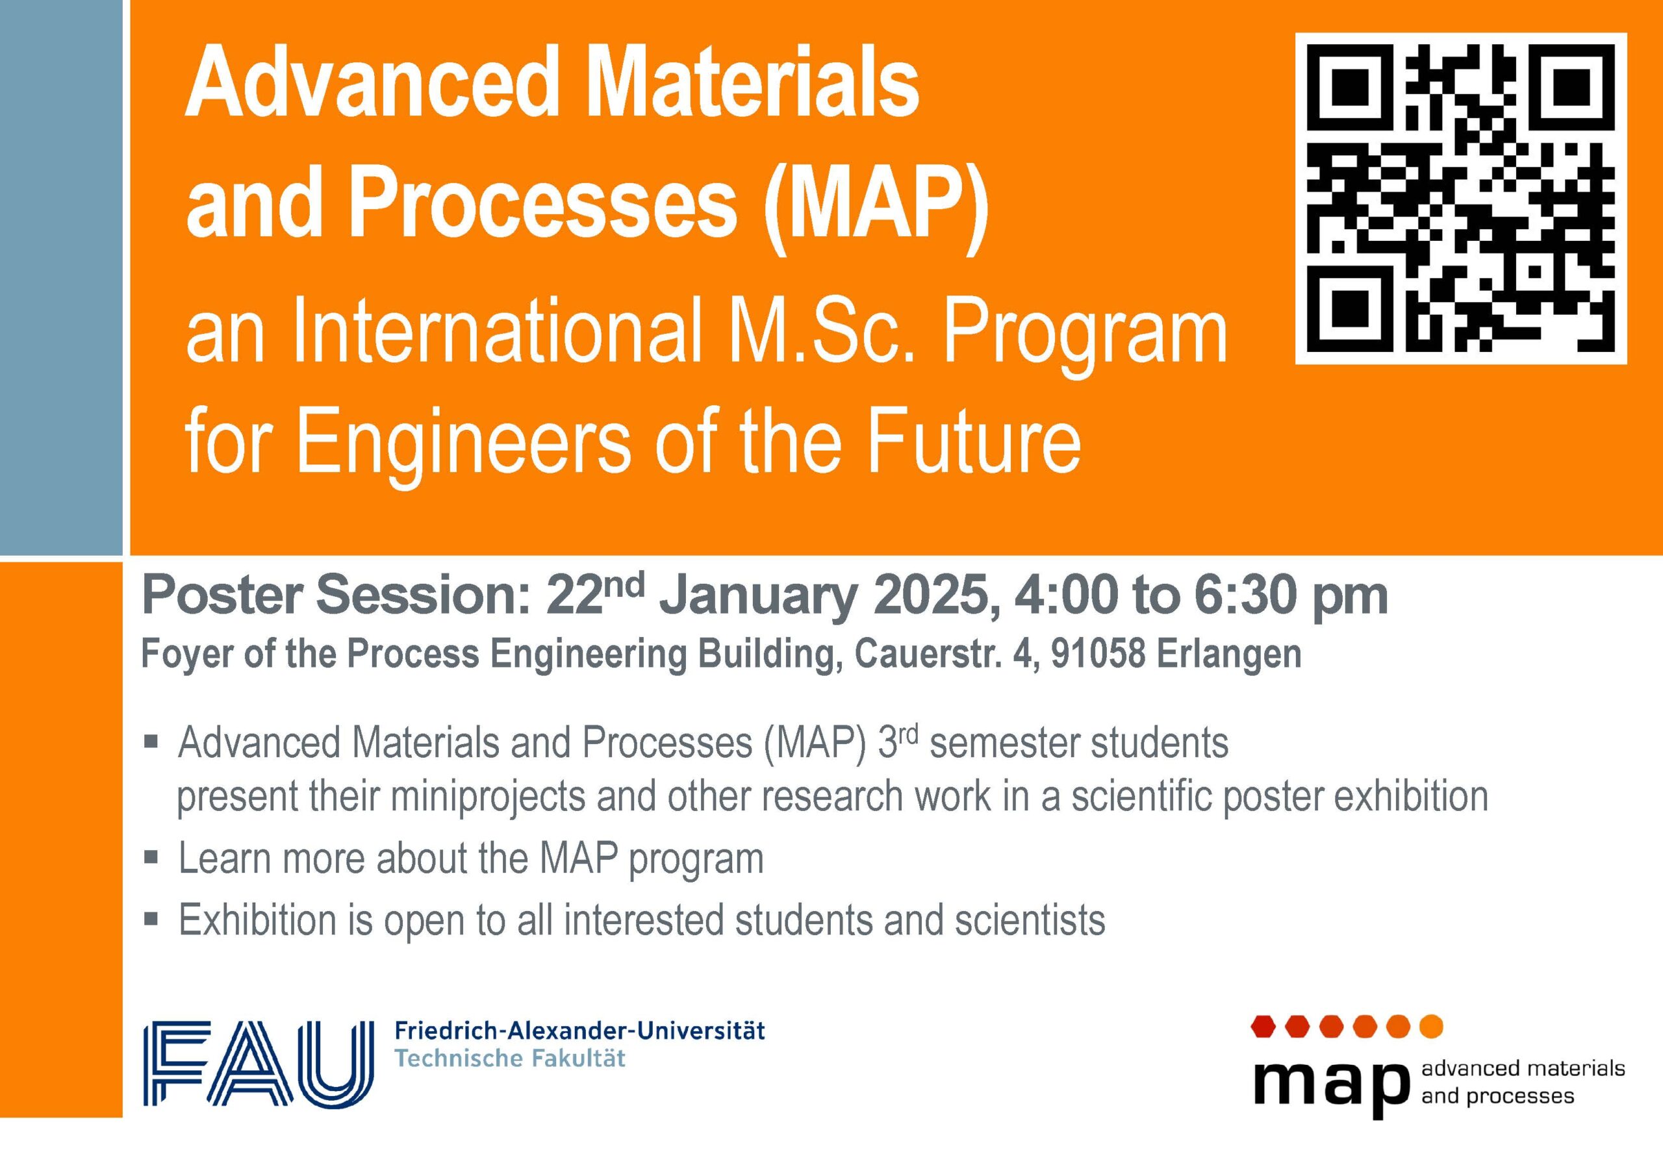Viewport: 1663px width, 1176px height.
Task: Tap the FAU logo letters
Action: [259, 1064]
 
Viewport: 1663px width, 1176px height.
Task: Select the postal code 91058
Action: [1097, 654]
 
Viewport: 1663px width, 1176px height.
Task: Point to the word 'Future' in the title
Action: [974, 440]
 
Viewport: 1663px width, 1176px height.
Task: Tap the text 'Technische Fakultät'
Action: [510, 1058]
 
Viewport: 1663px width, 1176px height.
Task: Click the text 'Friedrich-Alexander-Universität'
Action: [579, 1031]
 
